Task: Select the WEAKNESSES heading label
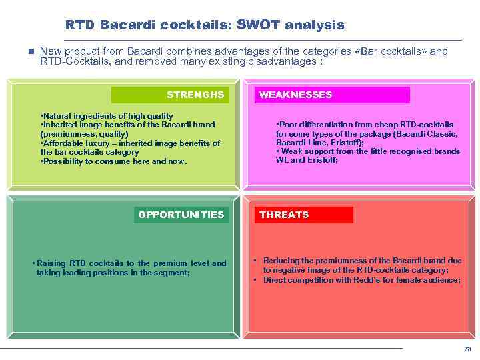pyautogui.click(x=295, y=95)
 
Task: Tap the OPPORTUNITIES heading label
pyautogui.click(x=181, y=215)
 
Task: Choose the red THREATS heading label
pyautogui.click(x=284, y=215)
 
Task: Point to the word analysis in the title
pyautogui.click(x=314, y=25)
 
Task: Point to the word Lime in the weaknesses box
pyautogui.click(x=318, y=143)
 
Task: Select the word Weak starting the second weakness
pyautogui.click(x=291, y=151)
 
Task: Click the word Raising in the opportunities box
pyautogui.click(x=51, y=263)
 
